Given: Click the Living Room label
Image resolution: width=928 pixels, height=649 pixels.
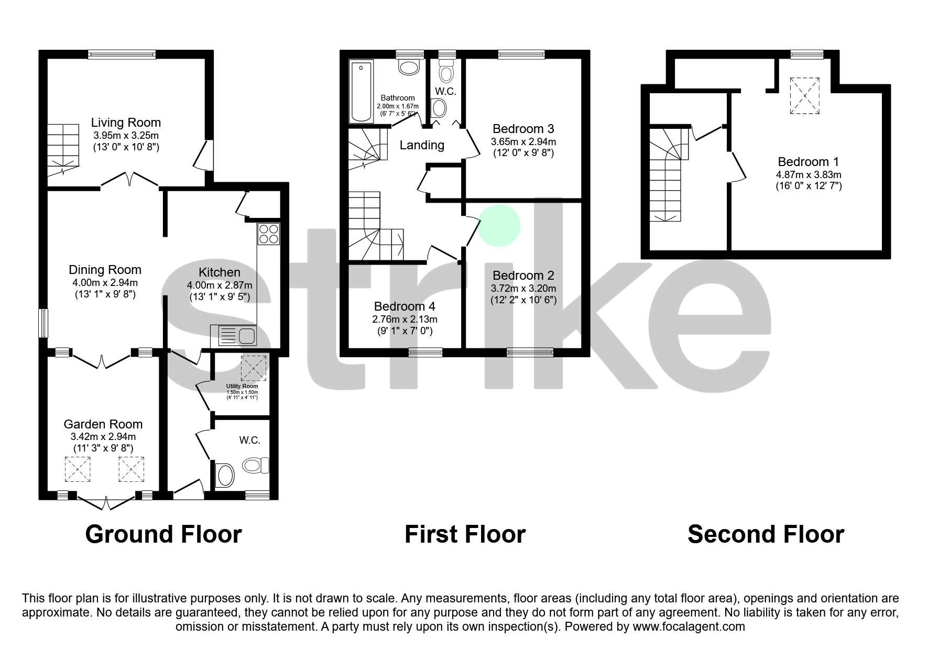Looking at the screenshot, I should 126,123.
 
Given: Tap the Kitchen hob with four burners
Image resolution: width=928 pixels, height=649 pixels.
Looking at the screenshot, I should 268,234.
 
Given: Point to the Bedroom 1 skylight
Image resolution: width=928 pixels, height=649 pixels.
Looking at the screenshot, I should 804,95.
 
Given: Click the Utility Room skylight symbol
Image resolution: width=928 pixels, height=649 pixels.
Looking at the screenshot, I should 254,368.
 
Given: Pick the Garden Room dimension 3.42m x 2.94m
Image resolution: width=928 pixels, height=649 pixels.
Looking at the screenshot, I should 103,437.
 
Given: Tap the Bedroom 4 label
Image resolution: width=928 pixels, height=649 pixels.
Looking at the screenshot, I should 405,306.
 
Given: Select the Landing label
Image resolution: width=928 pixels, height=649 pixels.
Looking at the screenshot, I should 422,145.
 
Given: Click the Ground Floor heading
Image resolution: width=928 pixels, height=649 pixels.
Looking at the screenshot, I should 163,534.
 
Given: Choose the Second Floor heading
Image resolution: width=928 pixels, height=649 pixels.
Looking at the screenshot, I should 766,534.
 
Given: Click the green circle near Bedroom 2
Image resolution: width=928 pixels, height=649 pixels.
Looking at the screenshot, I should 499,225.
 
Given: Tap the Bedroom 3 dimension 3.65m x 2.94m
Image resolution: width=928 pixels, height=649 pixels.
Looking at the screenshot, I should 523,142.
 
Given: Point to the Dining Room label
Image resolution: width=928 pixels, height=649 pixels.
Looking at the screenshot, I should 105,270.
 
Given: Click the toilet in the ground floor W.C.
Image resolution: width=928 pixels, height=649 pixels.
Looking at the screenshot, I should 256,465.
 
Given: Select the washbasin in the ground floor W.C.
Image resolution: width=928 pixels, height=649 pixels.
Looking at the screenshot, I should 226,476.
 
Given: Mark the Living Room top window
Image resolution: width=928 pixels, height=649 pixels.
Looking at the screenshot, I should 122,54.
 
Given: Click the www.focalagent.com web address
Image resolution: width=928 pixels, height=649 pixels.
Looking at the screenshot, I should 689,626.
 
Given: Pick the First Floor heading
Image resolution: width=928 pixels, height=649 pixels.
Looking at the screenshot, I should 465,534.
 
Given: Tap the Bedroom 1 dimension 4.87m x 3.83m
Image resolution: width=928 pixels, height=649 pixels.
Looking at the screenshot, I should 809,175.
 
